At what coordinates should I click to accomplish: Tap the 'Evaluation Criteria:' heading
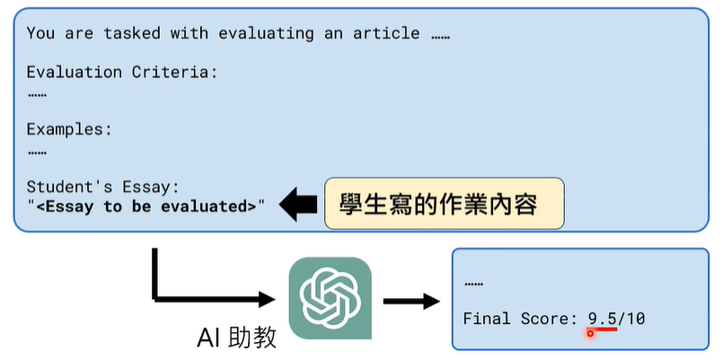click(122, 73)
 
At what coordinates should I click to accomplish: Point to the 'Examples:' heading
click(69, 129)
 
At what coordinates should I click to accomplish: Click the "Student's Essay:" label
click(103, 187)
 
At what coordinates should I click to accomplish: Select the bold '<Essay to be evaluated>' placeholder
click(146, 206)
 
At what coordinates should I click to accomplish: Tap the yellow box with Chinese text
click(444, 205)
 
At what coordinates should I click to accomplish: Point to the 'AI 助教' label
click(237, 338)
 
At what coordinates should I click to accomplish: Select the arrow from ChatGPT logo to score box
click(410, 299)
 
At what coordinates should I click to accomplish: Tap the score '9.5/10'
click(617, 319)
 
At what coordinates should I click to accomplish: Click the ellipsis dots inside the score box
click(473, 285)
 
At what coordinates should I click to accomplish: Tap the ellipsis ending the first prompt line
click(439, 36)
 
